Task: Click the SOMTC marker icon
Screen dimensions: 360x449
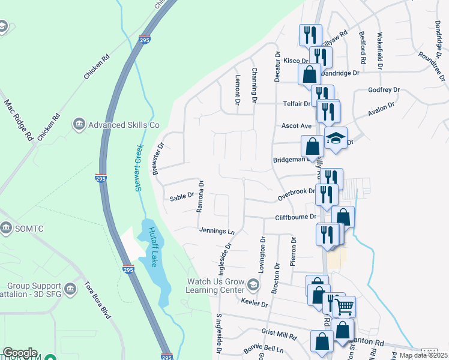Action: (x=7, y=228)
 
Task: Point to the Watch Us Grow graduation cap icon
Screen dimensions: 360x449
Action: (x=253, y=284)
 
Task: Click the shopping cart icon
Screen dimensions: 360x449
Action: (x=344, y=307)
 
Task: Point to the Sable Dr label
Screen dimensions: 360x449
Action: (x=182, y=197)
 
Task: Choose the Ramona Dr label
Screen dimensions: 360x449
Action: (x=200, y=196)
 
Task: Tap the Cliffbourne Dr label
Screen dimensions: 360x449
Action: (x=295, y=217)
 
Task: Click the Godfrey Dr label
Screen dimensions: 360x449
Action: (x=384, y=90)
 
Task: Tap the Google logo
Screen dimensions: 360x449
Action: (x=20, y=353)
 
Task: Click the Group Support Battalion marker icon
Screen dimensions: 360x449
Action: (x=70, y=289)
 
